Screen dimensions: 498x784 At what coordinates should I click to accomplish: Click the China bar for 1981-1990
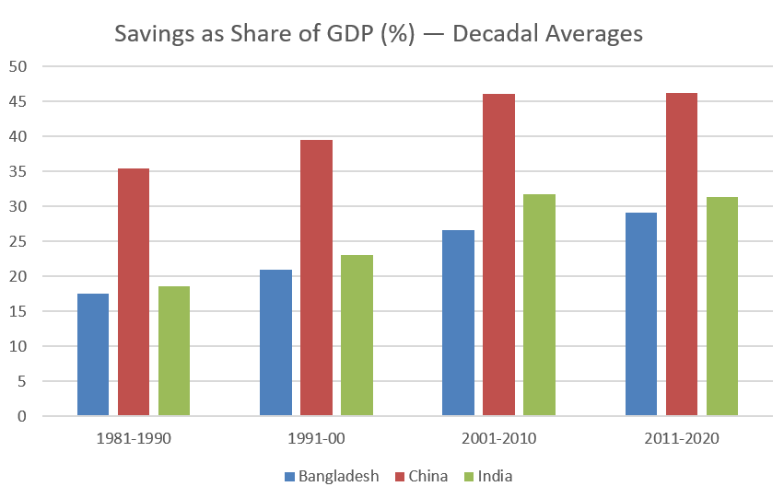(x=134, y=292)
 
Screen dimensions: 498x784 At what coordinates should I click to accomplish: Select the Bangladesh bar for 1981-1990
(x=93, y=354)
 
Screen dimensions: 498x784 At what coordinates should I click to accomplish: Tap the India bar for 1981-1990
(x=174, y=351)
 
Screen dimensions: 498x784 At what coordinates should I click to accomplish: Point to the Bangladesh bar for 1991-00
(x=275, y=342)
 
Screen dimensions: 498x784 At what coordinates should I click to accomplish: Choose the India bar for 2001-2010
(x=539, y=305)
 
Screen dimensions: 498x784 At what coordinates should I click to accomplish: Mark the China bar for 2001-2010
(x=498, y=255)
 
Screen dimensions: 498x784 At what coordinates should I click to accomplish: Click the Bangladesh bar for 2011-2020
(x=641, y=314)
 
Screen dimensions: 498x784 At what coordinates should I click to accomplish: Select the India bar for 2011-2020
(x=722, y=307)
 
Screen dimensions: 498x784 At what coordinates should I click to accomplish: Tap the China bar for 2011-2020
(x=682, y=254)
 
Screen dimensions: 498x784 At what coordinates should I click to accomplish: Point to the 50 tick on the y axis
(x=19, y=66)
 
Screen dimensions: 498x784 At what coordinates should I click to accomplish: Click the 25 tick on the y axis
(x=19, y=241)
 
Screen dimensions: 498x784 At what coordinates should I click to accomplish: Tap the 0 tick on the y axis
(x=23, y=416)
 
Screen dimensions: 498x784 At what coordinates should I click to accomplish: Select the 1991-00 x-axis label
(x=316, y=438)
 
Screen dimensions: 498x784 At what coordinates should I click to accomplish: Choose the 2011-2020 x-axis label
(x=682, y=438)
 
